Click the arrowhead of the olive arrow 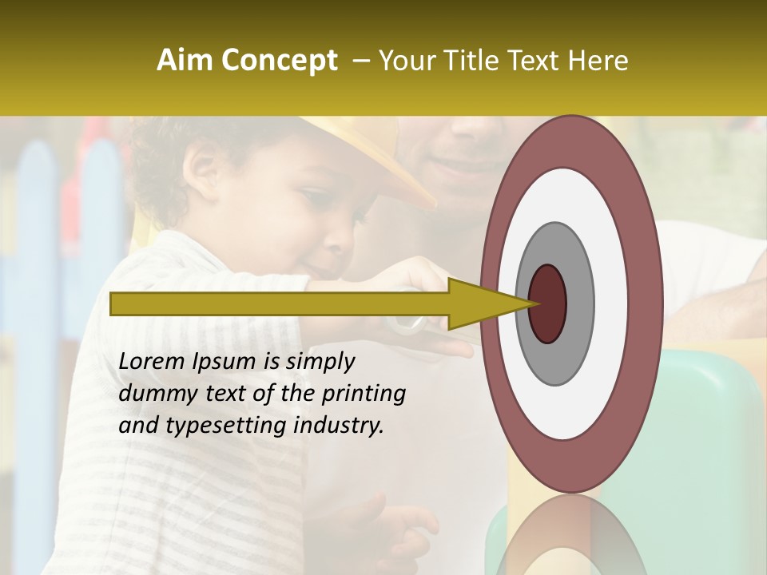(x=479, y=303)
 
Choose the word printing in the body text (x=363, y=395)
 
